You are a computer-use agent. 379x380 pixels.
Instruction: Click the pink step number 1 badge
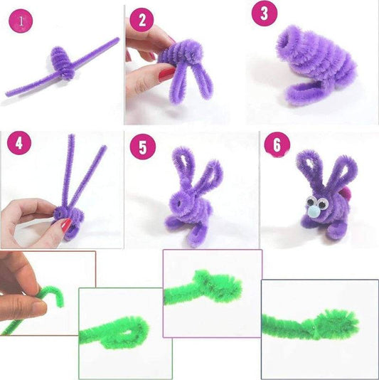tap(21, 21)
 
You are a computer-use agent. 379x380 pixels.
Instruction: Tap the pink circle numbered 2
tap(142, 20)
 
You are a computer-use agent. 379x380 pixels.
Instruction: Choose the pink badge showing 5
tap(142, 148)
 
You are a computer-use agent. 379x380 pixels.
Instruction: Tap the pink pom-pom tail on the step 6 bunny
tap(347, 192)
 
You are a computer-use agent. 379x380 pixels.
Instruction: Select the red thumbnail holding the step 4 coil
tap(65, 226)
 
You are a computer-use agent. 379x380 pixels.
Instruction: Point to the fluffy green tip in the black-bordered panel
tap(334, 320)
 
